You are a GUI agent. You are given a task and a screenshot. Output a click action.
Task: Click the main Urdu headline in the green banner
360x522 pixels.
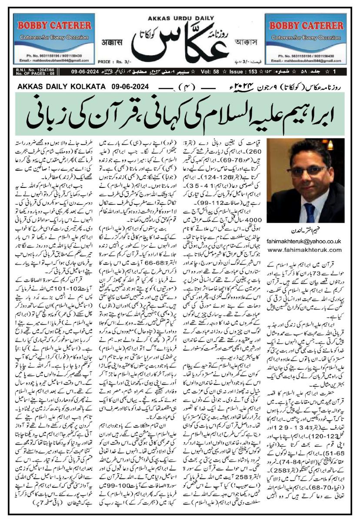pyautogui.click(x=180, y=111)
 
